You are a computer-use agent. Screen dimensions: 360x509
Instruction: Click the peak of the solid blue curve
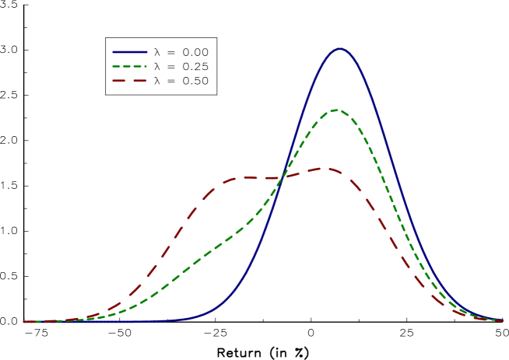pos(340,49)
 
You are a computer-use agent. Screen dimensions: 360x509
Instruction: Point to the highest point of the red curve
pos(323,168)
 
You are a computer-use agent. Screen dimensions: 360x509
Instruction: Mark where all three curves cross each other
pos(281,179)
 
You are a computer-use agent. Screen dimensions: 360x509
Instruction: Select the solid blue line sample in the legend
pos(129,52)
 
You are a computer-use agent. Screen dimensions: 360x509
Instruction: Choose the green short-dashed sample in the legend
pos(129,66)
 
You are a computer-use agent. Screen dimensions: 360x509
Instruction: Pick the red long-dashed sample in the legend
pos(129,80)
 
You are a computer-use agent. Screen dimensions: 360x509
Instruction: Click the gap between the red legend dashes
pos(129,80)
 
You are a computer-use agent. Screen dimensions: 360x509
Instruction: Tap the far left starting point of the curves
pos(24,321)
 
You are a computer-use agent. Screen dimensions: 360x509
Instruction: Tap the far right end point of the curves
pos(502,320)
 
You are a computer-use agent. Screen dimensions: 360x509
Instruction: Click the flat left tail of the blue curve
pos(117,321)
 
